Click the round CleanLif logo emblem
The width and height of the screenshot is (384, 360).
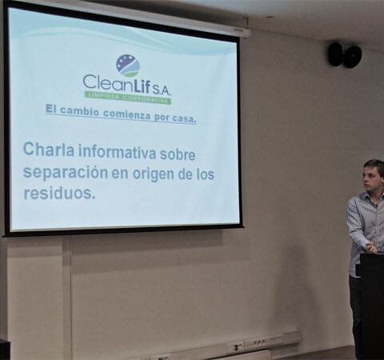point(128,66)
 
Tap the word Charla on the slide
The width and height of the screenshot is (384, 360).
point(49,150)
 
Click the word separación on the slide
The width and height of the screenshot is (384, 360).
point(66,172)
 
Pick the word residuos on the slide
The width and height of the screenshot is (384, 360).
point(59,193)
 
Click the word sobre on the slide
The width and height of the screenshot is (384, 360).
point(178,154)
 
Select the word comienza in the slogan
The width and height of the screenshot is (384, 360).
point(126,114)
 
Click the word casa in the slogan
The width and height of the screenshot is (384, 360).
point(184,118)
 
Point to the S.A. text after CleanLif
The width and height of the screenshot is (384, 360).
point(162,91)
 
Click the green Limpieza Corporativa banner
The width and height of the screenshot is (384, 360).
point(128,98)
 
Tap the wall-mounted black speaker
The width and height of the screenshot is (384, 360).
point(345,55)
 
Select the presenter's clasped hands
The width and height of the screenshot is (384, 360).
point(370,246)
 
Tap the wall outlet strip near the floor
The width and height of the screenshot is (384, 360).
point(263,342)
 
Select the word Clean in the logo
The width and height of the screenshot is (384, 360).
point(106,82)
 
